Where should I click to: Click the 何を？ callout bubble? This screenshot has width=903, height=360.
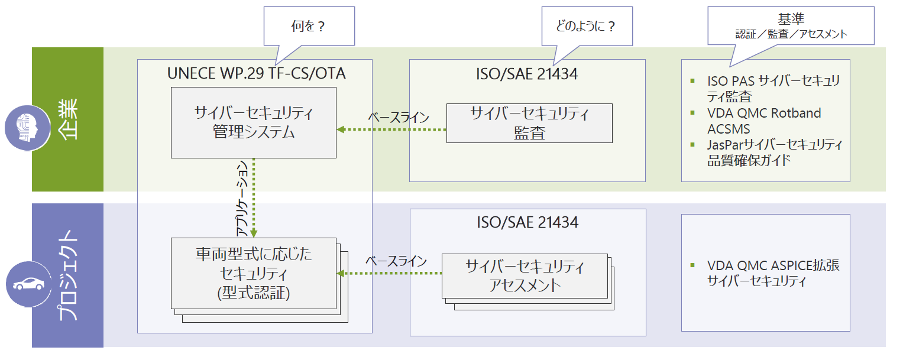pyautogui.click(x=308, y=27)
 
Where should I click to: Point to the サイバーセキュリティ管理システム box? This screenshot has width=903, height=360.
pyautogui.click(x=254, y=122)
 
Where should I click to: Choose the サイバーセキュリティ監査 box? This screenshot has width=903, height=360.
pyautogui.click(x=529, y=123)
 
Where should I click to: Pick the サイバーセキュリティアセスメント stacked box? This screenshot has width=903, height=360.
pyautogui.click(x=525, y=275)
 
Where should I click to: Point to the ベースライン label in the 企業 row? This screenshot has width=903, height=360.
pyautogui.click(x=398, y=116)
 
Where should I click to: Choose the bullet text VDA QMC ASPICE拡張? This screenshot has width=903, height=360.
pyautogui.click(x=773, y=266)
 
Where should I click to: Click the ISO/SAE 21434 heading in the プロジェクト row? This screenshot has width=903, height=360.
pyautogui.click(x=527, y=222)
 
